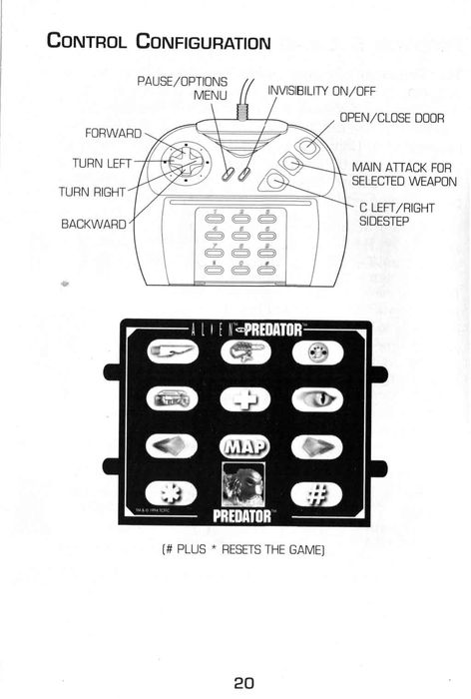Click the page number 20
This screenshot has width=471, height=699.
pos(243,682)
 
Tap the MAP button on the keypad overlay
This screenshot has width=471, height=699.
pos(245,446)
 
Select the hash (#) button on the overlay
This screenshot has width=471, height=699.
pos(316,494)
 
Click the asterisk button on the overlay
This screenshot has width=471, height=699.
pos(172,493)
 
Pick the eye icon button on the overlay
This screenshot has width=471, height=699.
pos(317,399)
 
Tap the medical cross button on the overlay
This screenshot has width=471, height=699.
pos(245,399)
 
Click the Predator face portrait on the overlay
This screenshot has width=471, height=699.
pos(243,484)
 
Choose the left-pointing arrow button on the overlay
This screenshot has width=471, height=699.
pos(172,445)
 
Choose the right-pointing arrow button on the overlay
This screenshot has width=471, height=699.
pos(316,446)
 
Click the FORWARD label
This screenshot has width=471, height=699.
pos(113,133)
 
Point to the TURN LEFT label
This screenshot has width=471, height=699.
pos(102,163)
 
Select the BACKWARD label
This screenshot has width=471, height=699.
pos(94,224)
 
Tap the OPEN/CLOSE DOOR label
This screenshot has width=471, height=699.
pos(392,118)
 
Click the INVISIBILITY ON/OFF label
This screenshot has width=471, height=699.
pos(321,91)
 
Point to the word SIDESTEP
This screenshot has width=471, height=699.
pos(384,221)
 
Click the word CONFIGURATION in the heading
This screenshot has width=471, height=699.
pos(204,42)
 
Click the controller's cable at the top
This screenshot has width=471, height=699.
pos(244,100)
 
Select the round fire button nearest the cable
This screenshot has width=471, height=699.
pos(308,146)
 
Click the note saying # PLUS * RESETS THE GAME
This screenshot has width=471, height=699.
pos(242,549)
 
